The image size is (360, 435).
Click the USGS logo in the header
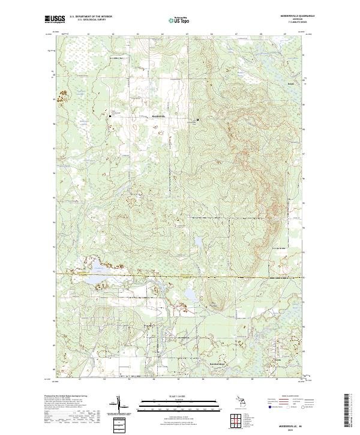pos(54,20)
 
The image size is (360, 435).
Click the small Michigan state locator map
pos(243,401)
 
